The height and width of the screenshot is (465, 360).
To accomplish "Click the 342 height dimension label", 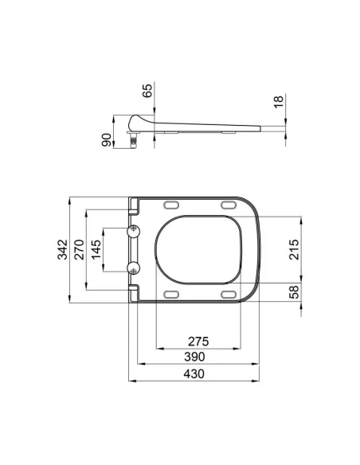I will point(61,249).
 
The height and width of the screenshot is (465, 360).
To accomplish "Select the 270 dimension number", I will point(79,249).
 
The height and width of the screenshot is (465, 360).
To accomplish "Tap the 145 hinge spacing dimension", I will point(96,249).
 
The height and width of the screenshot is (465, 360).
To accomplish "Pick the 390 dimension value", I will point(194,357).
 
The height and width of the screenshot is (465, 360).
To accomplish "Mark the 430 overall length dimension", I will point(194,373).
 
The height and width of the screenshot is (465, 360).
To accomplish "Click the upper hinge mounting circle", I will point(134,231).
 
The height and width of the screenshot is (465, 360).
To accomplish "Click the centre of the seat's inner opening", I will point(197,249).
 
